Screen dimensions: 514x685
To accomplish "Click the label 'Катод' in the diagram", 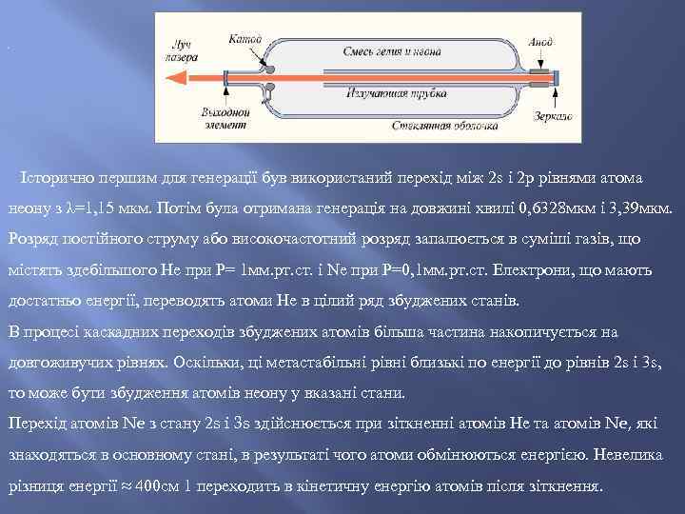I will [x=245, y=40].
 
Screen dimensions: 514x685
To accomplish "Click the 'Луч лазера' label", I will [x=182, y=50].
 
